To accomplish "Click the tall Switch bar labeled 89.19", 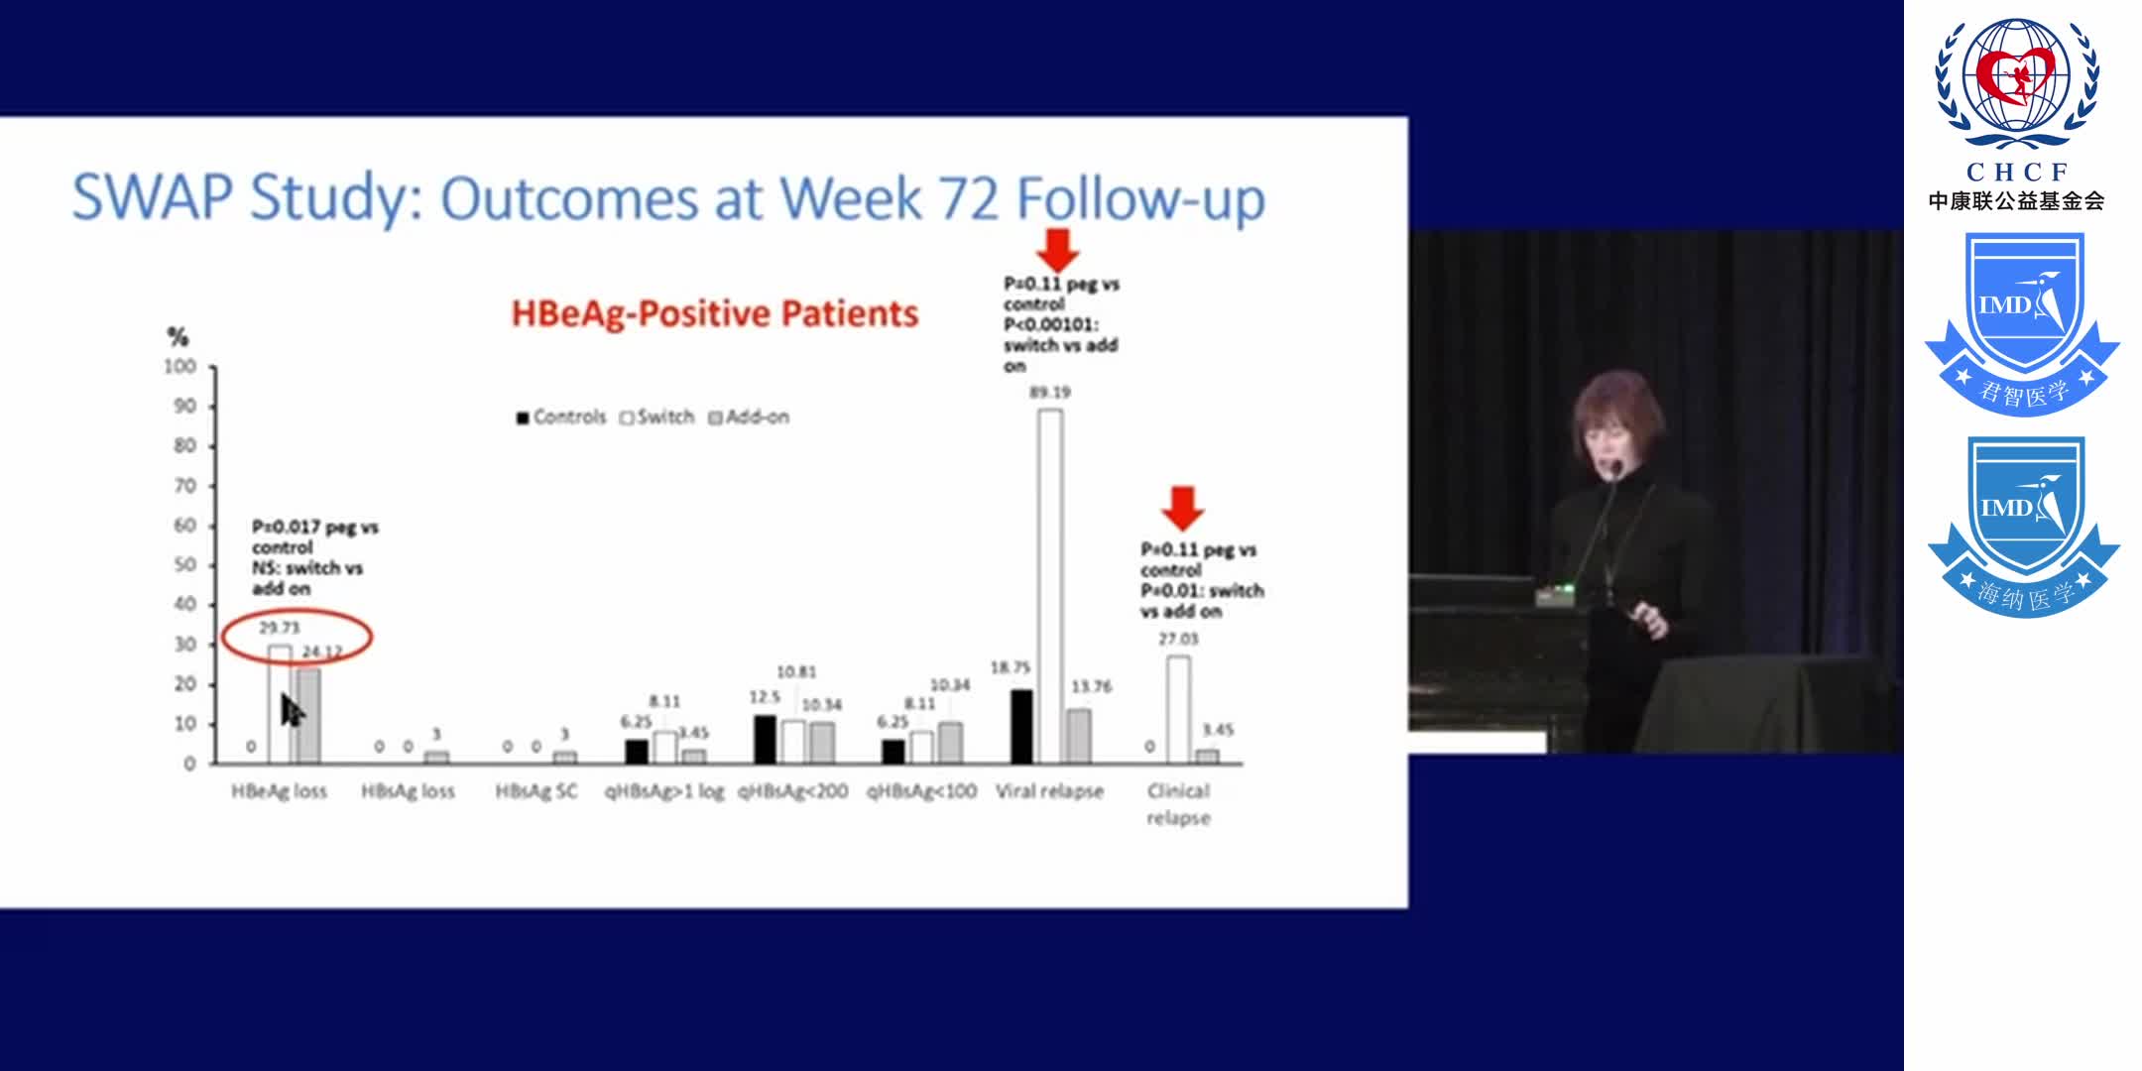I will [1050, 585].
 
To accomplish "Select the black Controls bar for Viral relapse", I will [1020, 727].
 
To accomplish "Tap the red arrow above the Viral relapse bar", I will [1058, 250].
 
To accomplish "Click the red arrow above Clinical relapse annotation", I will [1182, 507].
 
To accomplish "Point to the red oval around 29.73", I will [296, 638].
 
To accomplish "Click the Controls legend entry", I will [560, 417].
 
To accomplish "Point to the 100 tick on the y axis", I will [181, 367].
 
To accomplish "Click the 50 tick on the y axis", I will [185, 564].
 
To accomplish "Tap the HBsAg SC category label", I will [536, 791].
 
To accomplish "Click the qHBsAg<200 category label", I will [792, 791].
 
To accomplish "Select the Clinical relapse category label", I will [1178, 804].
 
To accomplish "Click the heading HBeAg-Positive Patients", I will [714, 313].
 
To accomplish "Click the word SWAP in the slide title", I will [153, 197].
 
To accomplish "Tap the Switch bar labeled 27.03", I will [1178, 709].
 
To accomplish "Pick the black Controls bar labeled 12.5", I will [765, 739].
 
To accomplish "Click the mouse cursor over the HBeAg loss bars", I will [292, 709].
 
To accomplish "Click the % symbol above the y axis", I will [178, 337].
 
